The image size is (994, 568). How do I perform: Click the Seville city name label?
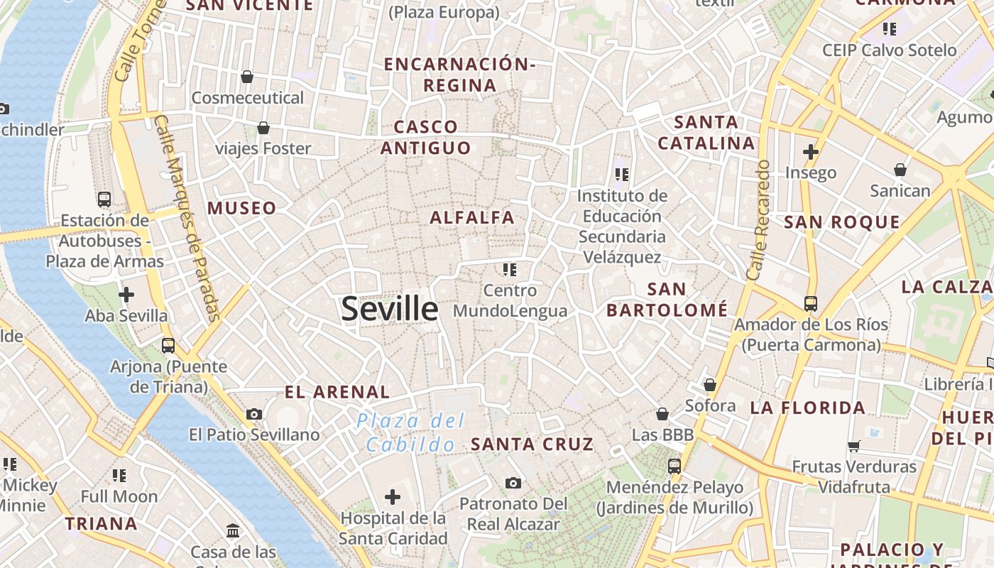tap(390, 309)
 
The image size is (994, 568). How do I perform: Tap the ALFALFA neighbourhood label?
tap(472, 217)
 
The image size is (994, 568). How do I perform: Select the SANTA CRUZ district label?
tap(532, 444)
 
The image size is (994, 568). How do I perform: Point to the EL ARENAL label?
tap(337, 392)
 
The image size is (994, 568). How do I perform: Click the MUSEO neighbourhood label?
tap(242, 208)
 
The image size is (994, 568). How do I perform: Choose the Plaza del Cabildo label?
tap(410, 432)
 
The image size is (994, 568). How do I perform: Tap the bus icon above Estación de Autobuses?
tap(104, 200)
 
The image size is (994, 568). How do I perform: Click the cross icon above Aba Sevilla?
tap(126, 294)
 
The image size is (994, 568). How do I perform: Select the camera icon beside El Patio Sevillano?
tap(254, 414)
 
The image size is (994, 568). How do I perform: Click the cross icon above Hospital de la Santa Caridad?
tap(393, 497)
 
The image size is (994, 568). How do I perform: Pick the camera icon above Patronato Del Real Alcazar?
tap(513, 484)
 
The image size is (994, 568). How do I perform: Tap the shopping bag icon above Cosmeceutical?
tap(247, 77)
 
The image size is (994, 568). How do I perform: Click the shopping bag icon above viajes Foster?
tap(263, 128)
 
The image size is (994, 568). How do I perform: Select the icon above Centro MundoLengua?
tap(510, 269)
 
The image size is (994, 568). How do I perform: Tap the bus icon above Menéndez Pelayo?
tap(674, 466)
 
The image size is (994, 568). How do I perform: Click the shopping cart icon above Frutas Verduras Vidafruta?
tap(854, 446)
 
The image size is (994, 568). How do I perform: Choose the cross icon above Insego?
tap(811, 151)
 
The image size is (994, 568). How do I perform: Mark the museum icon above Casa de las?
tap(233, 530)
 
